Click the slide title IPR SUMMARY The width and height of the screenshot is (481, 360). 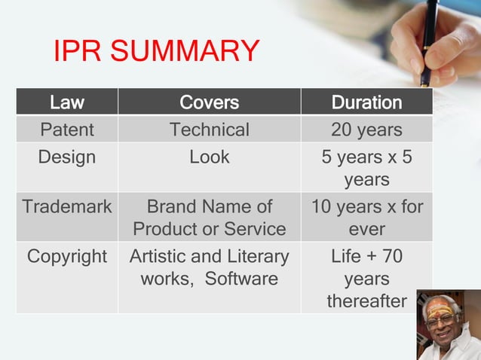click(156, 51)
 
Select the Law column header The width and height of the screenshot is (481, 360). click(66, 102)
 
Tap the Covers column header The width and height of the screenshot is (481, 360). click(209, 102)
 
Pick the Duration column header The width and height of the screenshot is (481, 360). click(366, 102)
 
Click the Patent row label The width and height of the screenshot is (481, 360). click(66, 130)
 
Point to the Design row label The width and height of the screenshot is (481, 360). click(66, 157)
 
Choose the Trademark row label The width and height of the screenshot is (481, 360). click(66, 206)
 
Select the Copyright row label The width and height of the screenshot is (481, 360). click(66, 257)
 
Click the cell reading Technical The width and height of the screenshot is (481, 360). click(209, 130)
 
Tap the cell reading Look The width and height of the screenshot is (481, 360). click(209, 157)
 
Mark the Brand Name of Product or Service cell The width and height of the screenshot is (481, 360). click(209, 217)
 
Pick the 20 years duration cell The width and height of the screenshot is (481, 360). click(366, 130)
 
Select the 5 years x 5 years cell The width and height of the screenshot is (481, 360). click(366, 168)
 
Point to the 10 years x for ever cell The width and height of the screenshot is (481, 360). click(366, 217)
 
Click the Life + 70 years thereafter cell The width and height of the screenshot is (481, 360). click(366, 279)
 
